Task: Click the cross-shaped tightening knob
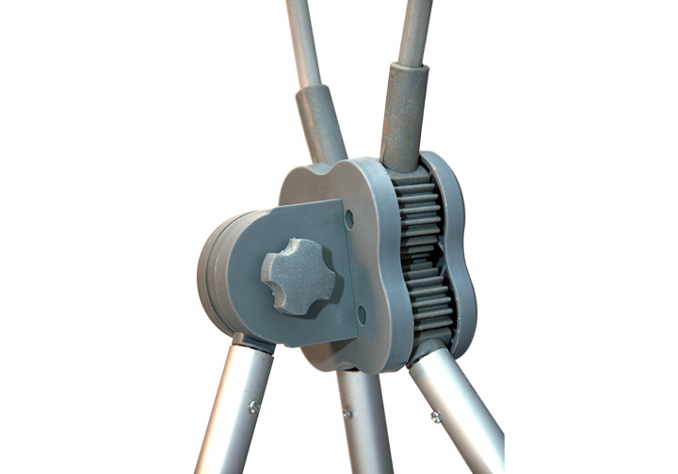tap(297, 275)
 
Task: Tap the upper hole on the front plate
tap(349, 218)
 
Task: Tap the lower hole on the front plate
tap(362, 314)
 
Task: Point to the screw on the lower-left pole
tap(253, 406)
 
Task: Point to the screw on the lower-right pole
tap(435, 416)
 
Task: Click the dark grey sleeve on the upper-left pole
tap(320, 122)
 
